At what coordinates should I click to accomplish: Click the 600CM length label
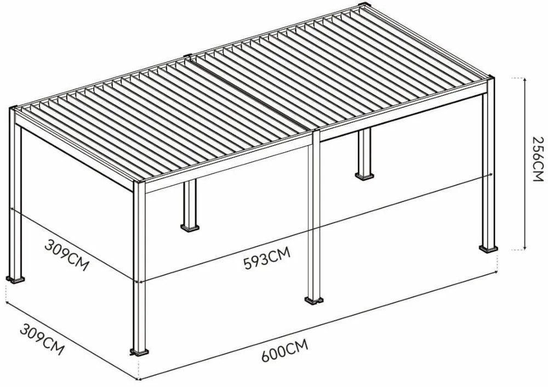click(x=284, y=353)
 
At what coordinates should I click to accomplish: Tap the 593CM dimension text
click(x=266, y=257)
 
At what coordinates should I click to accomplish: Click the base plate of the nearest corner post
click(x=139, y=351)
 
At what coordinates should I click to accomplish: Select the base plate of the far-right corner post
click(x=489, y=249)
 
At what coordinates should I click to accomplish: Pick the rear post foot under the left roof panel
click(x=190, y=226)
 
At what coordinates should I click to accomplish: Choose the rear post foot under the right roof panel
click(x=364, y=176)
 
